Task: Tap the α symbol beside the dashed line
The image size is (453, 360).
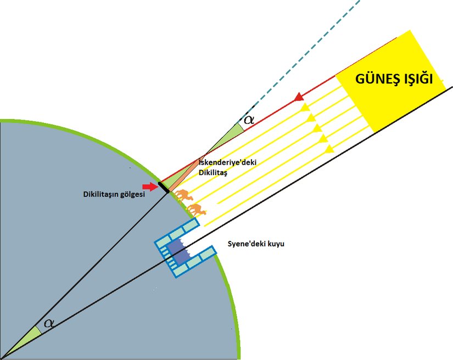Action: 249,119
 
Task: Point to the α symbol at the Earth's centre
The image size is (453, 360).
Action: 49,323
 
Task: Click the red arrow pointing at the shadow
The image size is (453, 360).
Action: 149,187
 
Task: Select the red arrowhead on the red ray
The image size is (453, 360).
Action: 299,98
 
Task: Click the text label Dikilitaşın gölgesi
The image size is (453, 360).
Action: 114,194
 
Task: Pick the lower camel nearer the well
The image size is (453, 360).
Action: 195,209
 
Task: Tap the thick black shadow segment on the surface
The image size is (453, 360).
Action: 163,187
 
